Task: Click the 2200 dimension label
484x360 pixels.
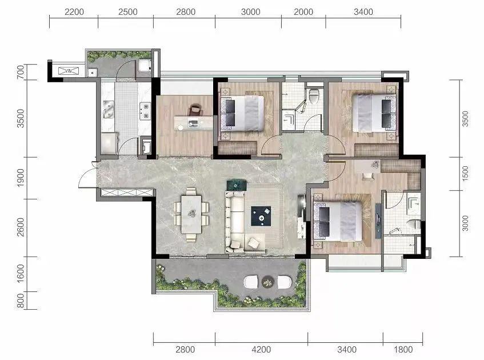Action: click(74, 12)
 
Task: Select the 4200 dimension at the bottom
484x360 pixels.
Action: click(261, 350)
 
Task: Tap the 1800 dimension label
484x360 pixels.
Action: click(403, 350)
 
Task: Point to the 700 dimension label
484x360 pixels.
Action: click(21, 72)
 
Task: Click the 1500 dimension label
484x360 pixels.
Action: click(465, 173)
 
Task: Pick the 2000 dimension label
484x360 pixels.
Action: click(303, 12)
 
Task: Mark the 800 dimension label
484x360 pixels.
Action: click(21, 301)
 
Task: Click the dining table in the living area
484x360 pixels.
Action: click(191, 214)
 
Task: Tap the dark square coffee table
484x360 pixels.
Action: click(261, 216)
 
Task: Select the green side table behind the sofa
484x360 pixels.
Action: click(237, 186)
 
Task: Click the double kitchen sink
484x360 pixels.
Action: click(108, 110)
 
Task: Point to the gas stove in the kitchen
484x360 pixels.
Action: click(145, 111)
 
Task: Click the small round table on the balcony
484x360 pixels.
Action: click(267, 282)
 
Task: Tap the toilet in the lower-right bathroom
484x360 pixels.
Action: click(414, 225)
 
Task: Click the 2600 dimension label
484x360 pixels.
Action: click(21, 227)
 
